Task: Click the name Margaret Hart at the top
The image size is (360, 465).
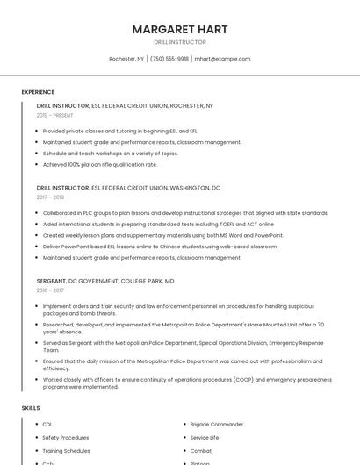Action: pos(180,30)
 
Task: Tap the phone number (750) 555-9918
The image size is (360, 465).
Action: pos(169,59)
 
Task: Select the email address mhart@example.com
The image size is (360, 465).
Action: pos(222,59)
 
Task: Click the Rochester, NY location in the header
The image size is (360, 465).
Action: pos(126,59)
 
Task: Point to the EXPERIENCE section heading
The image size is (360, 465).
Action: pos(38,92)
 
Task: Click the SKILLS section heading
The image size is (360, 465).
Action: pos(31,408)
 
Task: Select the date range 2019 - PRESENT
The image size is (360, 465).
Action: pos(54,115)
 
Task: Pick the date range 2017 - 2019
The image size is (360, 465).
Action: pos(50,197)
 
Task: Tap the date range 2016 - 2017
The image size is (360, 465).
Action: pos(50,290)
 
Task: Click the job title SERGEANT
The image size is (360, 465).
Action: pos(51,281)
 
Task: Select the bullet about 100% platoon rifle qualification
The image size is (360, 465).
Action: pos(100,164)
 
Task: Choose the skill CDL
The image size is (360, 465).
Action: pos(47,425)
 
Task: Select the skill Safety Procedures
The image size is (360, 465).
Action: pos(66,438)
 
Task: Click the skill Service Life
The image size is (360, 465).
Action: pos(205,438)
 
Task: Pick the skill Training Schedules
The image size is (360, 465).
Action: pos(66,451)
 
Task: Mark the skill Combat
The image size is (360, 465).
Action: pos(200,451)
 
